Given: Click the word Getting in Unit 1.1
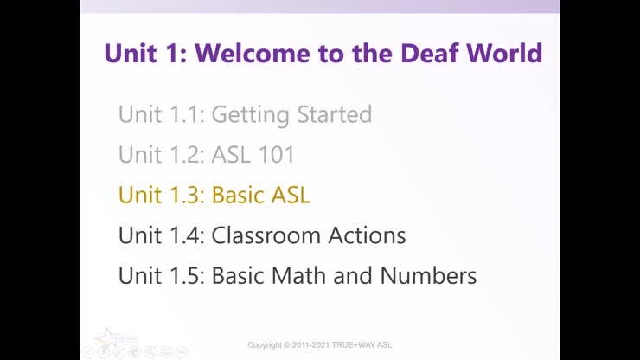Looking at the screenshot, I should (x=248, y=114).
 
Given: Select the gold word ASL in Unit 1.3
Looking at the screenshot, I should (x=291, y=196).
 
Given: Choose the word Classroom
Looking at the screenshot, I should (x=267, y=235).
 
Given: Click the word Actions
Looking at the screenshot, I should (x=368, y=235).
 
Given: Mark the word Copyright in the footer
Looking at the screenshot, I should (x=268, y=345).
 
